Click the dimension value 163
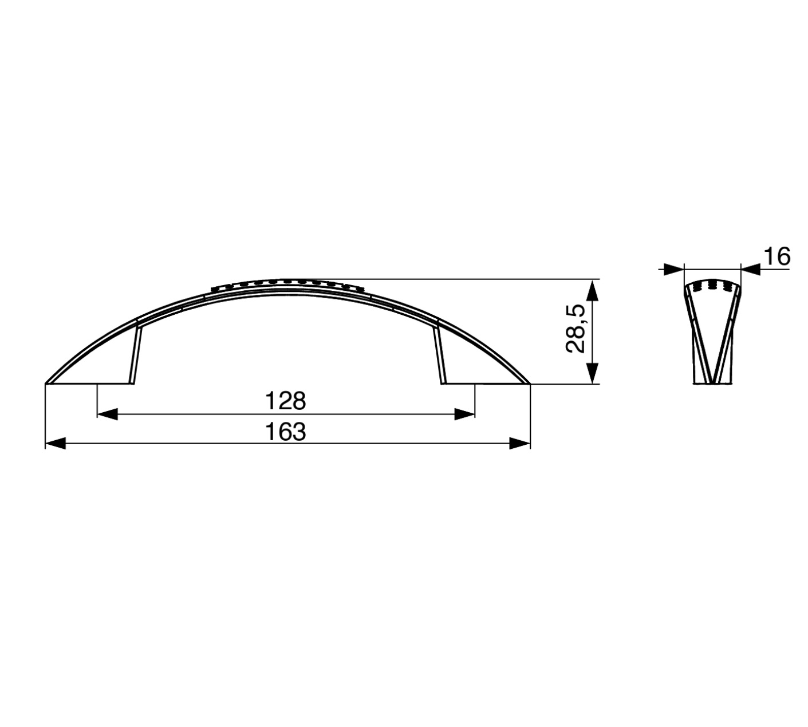click(x=286, y=432)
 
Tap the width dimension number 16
click(x=777, y=256)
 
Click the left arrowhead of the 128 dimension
click(x=108, y=414)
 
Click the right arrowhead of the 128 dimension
click(x=464, y=414)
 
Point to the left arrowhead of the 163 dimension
click(x=55, y=444)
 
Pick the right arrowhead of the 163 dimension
click(x=520, y=444)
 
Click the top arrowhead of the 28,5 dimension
click(x=592, y=290)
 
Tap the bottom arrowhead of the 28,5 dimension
click(x=592, y=373)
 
